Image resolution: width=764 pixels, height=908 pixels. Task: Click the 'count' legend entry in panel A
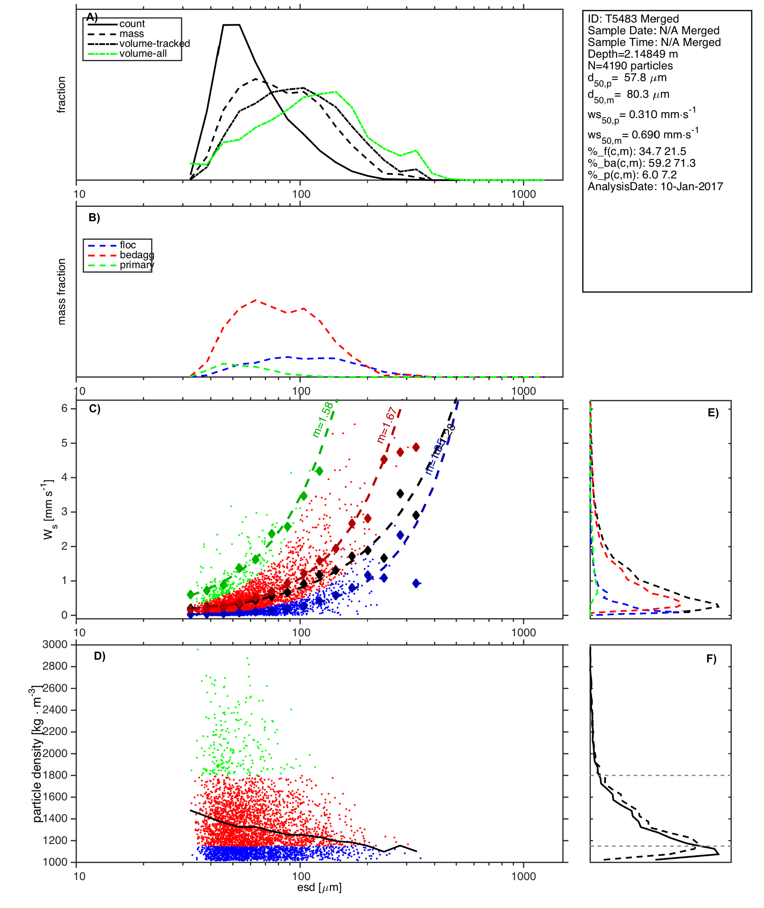click(x=132, y=24)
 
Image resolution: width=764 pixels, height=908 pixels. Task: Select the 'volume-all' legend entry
click(x=143, y=54)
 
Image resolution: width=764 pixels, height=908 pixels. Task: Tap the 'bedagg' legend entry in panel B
click(x=137, y=255)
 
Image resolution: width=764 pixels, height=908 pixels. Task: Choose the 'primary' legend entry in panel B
click(x=137, y=265)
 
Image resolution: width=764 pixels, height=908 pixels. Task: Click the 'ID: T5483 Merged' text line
click(x=633, y=19)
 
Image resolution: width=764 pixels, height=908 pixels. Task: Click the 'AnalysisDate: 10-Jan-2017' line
click(x=655, y=187)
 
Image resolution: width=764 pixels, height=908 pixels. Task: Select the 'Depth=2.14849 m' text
click(x=632, y=54)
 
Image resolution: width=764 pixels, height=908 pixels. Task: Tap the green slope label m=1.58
click(x=323, y=420)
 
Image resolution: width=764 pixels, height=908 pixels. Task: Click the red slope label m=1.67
click(x=387, y=425)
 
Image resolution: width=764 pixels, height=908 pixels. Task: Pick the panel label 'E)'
click(x=713, y=413)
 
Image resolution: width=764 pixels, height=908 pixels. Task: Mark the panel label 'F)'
click(x=711, y=659)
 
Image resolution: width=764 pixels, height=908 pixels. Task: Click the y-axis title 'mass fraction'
click(x=62, y=292)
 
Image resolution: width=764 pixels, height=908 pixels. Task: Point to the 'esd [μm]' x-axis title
click(x=319, y=888)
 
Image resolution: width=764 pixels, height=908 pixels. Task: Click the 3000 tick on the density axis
click(x=55, y=644)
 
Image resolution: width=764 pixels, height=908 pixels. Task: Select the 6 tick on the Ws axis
click(x=64, y=408)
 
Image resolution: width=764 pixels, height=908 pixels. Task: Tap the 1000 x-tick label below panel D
click(x=523, y=876)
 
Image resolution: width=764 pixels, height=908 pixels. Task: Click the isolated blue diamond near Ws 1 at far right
click(x=416, y=583)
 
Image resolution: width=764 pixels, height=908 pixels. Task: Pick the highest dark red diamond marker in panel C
click(x=416, y=447)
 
